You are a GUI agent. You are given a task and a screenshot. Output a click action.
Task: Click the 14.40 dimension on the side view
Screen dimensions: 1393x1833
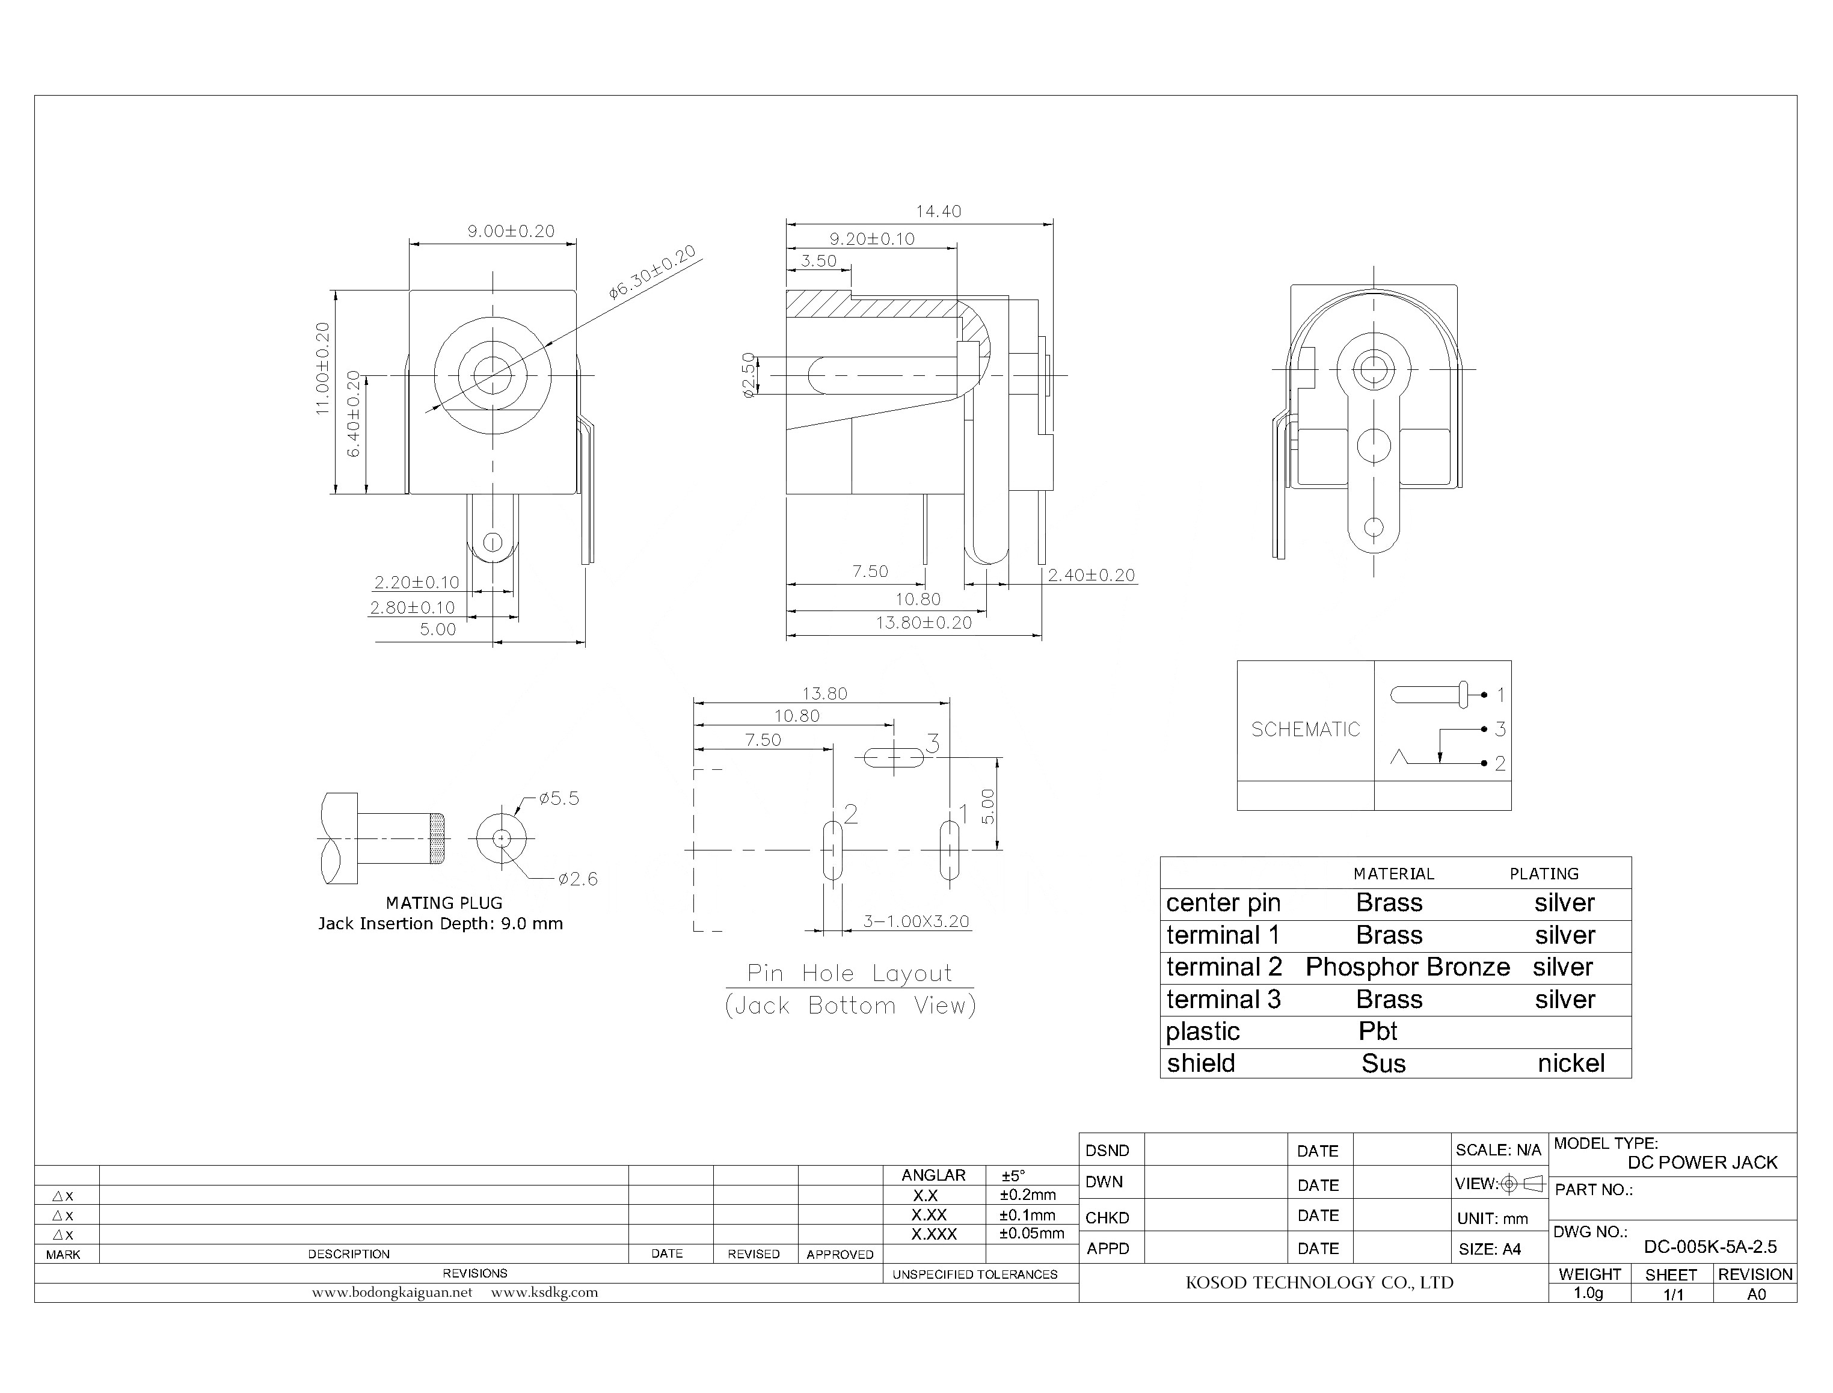click(x=938, y=212)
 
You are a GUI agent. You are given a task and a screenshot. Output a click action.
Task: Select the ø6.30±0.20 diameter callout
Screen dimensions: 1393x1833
click(x=652, y=273)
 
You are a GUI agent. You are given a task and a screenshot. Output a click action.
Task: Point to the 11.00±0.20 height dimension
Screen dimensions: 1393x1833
click(x=322, y=368)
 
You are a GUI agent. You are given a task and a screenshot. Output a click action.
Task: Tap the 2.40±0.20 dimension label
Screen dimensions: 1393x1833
click(x=1090, y=576)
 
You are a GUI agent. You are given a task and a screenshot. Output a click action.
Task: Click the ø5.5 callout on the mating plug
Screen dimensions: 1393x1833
click(x=559, y=799)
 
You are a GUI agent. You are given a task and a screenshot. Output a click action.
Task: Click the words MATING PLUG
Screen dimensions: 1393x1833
click(x=444, y=903)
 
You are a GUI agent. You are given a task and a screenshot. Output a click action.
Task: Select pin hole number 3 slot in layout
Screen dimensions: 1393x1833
click(x=893, y=757)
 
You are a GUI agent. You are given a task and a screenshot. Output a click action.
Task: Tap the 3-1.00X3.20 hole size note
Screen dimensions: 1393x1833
click(x=915, y=921)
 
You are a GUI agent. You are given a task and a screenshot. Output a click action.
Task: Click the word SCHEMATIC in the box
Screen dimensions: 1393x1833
click(x=1305, y=730)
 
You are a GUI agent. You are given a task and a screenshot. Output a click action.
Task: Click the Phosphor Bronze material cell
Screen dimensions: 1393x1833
click(x=1407, y=967)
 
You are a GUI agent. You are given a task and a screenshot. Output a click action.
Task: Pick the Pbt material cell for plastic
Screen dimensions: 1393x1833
click(x=1377, y=1032)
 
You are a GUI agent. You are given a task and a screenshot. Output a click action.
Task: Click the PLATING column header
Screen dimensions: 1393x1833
click(x=1543, y=874)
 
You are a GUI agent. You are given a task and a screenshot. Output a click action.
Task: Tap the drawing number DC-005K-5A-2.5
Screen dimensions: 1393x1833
click(x=1710, y=1247)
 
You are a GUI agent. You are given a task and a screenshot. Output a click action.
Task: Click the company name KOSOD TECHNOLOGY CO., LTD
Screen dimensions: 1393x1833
click(x=1318, y=1283)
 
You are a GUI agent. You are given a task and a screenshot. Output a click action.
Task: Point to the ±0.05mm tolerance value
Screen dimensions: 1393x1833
click(x=1031, y=1234)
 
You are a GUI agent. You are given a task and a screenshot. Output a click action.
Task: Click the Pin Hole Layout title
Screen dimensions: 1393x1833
click(x=849, y=973)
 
